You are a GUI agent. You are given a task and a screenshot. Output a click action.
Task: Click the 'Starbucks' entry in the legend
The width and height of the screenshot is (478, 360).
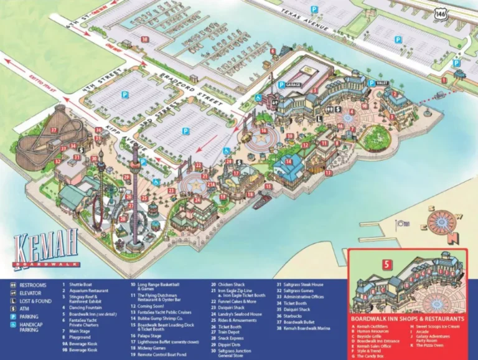(296, 316)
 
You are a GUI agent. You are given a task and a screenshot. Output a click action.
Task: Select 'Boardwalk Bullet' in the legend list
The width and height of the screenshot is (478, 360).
(301, 322)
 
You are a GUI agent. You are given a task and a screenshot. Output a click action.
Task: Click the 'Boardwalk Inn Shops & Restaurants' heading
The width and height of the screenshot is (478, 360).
(408, 318)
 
